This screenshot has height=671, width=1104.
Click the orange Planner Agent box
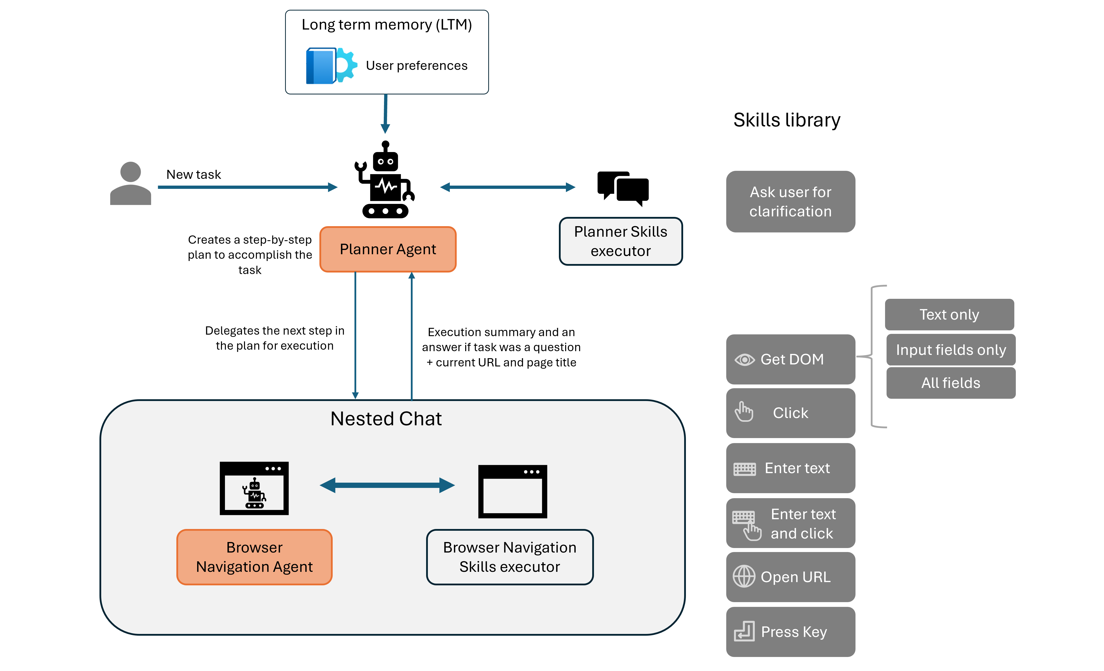(388, 249)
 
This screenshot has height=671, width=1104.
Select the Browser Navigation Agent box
(254, 557)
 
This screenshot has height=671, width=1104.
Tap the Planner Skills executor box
(621, 241)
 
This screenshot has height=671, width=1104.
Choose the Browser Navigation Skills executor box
(510, 557)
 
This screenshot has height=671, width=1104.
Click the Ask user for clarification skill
(790, 202)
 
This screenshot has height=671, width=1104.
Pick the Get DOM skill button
(790, 359)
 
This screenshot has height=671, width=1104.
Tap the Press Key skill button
(790, 632)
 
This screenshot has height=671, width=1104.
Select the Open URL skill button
(790, 577)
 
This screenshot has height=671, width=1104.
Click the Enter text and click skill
(790, 523)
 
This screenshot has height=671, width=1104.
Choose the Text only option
(949, 314)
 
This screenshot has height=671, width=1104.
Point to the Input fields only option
(951, 349)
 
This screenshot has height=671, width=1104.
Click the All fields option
(951, 383)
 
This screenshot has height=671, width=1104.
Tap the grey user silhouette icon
(130, 184)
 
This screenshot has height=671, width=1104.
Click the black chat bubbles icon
(623, 188)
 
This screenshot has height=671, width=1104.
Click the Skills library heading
(786, 120)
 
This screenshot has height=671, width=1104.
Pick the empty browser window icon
(513, 491)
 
